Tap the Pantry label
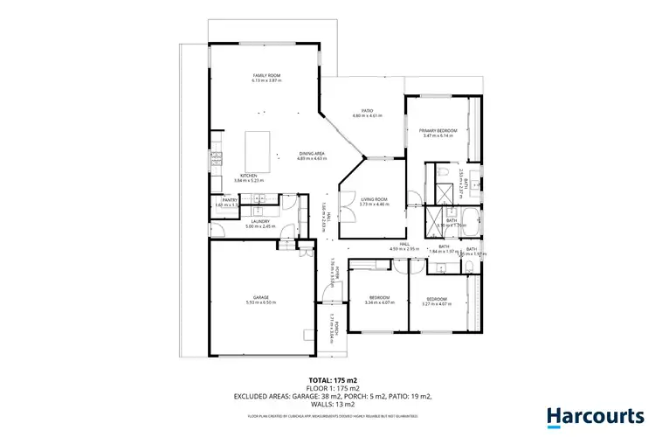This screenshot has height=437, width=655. (231, 200)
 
